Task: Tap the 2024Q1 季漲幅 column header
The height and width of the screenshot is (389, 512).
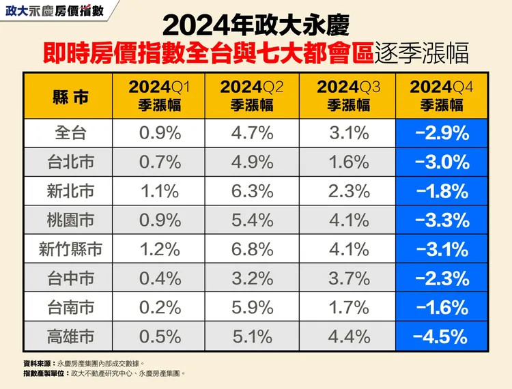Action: (x=160, y=96)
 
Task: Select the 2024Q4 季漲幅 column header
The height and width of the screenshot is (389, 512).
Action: (x=442, y=96)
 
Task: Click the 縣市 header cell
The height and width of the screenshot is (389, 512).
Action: (x=70, y=96)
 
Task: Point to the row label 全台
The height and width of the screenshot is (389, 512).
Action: (x=70, y=133)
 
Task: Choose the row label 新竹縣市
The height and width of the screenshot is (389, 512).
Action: (x=70, y=249)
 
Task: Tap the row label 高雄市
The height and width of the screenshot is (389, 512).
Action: (x=70, y=336)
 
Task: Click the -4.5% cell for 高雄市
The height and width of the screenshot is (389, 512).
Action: (x=442, y=336)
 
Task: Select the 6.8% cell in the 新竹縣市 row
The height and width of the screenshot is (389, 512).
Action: (x=253, y=249)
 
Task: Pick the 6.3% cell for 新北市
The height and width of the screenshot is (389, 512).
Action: (x=253, y=191)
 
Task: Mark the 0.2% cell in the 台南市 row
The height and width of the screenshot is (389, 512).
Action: (x=160, y=307)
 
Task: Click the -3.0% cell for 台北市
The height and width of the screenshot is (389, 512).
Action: (x=442, y=162)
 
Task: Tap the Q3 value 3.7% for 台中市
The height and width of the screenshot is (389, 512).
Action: (x=349, y=278)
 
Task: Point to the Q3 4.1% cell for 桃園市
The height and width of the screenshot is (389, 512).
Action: (x=349, y=220)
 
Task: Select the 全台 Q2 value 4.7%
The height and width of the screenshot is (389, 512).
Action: (x=253, y=133)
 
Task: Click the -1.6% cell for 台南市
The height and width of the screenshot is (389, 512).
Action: (x=442, y=307)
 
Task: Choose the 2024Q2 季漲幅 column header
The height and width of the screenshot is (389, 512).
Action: (x=253, y=96)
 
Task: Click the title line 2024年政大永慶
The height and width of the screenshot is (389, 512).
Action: (x=256, y=25)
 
